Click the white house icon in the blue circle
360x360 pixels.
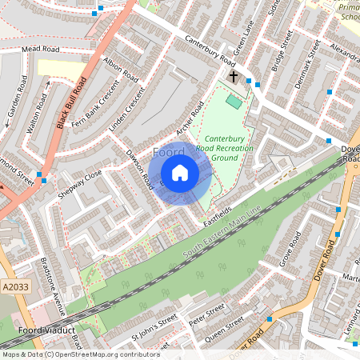(x=180, y=173)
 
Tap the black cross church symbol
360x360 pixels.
(x=234, y=78)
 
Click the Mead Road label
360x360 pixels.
(x=42, y=50)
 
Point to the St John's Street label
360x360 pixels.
(x=154, y=323)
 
